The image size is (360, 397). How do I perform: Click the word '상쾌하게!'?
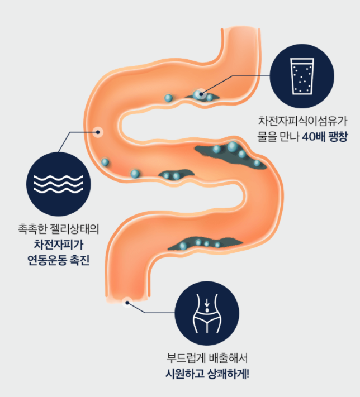click(226, 372)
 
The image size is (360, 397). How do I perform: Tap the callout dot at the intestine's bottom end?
click(127, 302)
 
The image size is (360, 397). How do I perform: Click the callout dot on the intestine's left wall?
click(99, 132)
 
